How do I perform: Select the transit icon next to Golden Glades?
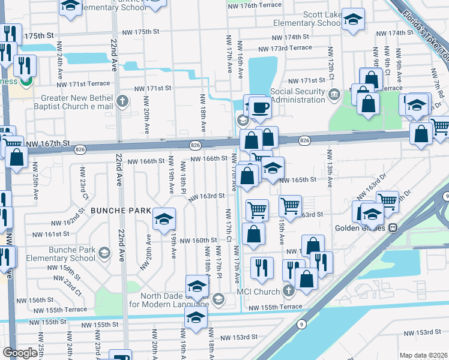pos(394,228)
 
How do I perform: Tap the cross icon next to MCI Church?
pos(289,292)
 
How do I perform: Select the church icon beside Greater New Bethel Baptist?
pos(123,100)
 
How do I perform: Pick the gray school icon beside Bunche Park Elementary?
pos(105,252)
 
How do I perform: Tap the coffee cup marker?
pos(259,107)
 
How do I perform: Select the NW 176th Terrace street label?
pos(255,5)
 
